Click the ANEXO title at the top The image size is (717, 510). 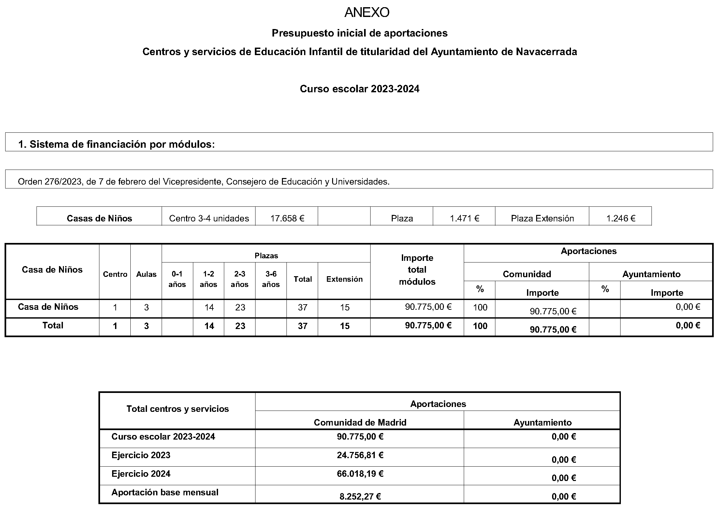(367, 13)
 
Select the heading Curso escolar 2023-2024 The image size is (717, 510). (359, 89)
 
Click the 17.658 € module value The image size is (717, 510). (287, 218)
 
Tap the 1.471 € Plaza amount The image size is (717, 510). (464, 218)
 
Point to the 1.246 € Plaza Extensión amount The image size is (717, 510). (621, 218)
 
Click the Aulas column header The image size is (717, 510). (146, 275)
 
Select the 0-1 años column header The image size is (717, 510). (177, 279)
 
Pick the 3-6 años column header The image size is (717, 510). (271, 279)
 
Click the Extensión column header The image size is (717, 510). (344, 279)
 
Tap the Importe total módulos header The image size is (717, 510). (417, 270)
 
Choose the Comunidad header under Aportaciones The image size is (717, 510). (527, 274)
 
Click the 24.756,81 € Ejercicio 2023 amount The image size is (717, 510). (360, 455)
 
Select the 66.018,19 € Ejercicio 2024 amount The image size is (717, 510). (360, 474)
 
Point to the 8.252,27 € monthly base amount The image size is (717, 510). (360, 496)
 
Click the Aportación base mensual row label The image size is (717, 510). (165, 492)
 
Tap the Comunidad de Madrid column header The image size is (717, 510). (360, 423)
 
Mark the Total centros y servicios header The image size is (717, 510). (178, 409)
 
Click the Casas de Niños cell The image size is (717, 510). (99, 218)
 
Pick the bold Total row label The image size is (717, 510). (53, 325)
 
